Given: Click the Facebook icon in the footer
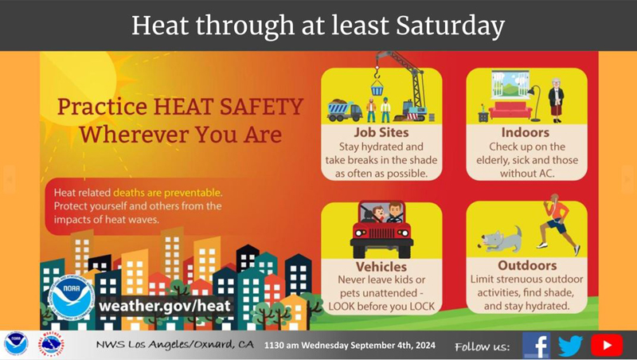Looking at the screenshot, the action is pyautogui.click(x=536, y=346).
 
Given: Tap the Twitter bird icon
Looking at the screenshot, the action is pyautogui.click(x=570, y=346).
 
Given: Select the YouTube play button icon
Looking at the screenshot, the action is pyautogui.click(x=607, y=346).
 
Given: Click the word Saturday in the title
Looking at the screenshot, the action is pyautogui.click(x=450, y=25).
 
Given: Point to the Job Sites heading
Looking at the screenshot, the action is pyautogui.click(x=381, y=132).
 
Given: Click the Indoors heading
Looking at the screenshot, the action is pyautogui.click(x=526, y=132).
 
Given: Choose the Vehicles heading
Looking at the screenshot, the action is pyautogui.click(x=381, y=267).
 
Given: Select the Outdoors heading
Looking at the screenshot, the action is pyautogui.click(x=527, y=265).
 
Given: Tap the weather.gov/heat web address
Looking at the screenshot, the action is pyautogui.click(x=165, y=305).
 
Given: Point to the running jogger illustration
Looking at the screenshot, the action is pyautogui.click(x=558, y=224).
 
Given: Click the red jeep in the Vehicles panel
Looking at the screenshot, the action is pyautogui.click(x=381, y=229).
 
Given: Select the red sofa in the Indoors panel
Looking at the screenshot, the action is pyautogui.click(x=510, y=110).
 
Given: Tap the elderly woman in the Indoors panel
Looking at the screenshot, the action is pyautogui.click(x=556, y=100).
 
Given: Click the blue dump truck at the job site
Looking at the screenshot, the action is pyautogui.click(x=345, y=111).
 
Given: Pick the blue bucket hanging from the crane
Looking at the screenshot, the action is pyautogui.click(x=377, y=88).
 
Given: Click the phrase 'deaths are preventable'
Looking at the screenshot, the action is pyautogui.click(x=167, y=193).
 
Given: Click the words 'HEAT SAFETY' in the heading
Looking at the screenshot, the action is pyautogui.click(x=229, y=107).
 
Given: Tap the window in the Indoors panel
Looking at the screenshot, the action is pyautogui.click(x=510, y=84).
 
